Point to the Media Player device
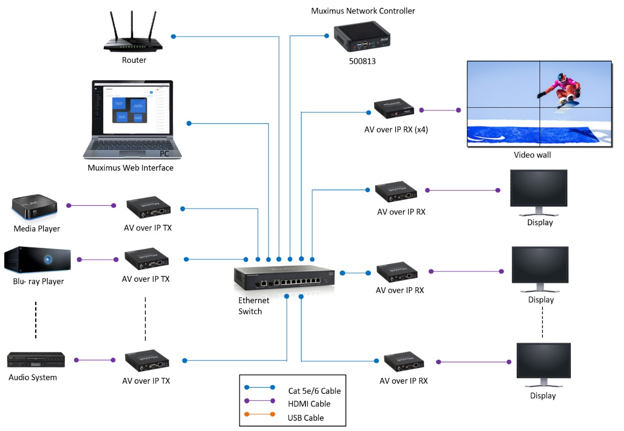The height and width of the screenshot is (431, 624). pos(34,208)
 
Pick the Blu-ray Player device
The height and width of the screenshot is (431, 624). pos(38,260)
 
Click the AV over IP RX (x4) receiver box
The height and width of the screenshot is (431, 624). pos(395,110)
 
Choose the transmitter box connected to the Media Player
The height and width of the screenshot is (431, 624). pos(148,208)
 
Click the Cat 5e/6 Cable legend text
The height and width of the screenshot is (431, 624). pos(314,391)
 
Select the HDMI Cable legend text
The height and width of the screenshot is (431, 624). pos(309,404)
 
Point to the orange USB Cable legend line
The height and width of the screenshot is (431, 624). pos(261,417)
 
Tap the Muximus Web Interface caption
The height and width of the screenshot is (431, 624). pos(130,168)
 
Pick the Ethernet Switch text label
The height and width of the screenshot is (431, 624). pos(254,306)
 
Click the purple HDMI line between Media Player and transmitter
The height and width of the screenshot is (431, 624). pos(91,206)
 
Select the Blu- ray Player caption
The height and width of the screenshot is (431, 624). pos(39,281)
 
